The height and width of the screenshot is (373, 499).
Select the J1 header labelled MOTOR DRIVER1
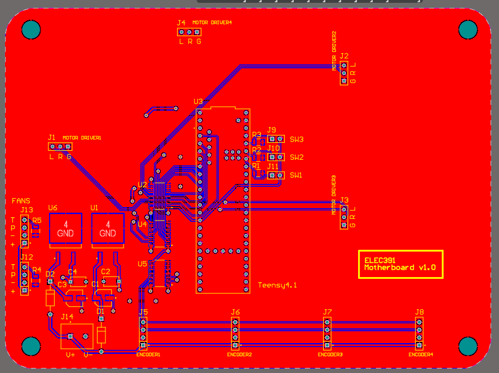[x=60, y=147]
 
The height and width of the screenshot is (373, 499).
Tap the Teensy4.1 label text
[x=277, y=286]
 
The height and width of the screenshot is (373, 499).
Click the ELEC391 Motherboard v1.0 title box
[x=400, y=264]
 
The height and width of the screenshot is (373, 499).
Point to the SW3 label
[x=297, y=139]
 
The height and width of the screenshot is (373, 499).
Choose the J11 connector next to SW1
[x=276, y=175]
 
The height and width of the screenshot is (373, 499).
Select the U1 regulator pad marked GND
[x=108, y=229]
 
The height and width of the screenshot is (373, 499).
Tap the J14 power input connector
[x=77, y=336]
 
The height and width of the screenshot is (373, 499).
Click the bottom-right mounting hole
[x=467, y=345]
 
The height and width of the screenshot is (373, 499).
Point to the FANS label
[x=21, y=200]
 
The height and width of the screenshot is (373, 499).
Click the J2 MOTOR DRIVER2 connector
[x=344, y=73]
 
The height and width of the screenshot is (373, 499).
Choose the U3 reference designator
[x=198, y=102]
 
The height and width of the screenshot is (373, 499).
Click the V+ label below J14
[x=70, y=355]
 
